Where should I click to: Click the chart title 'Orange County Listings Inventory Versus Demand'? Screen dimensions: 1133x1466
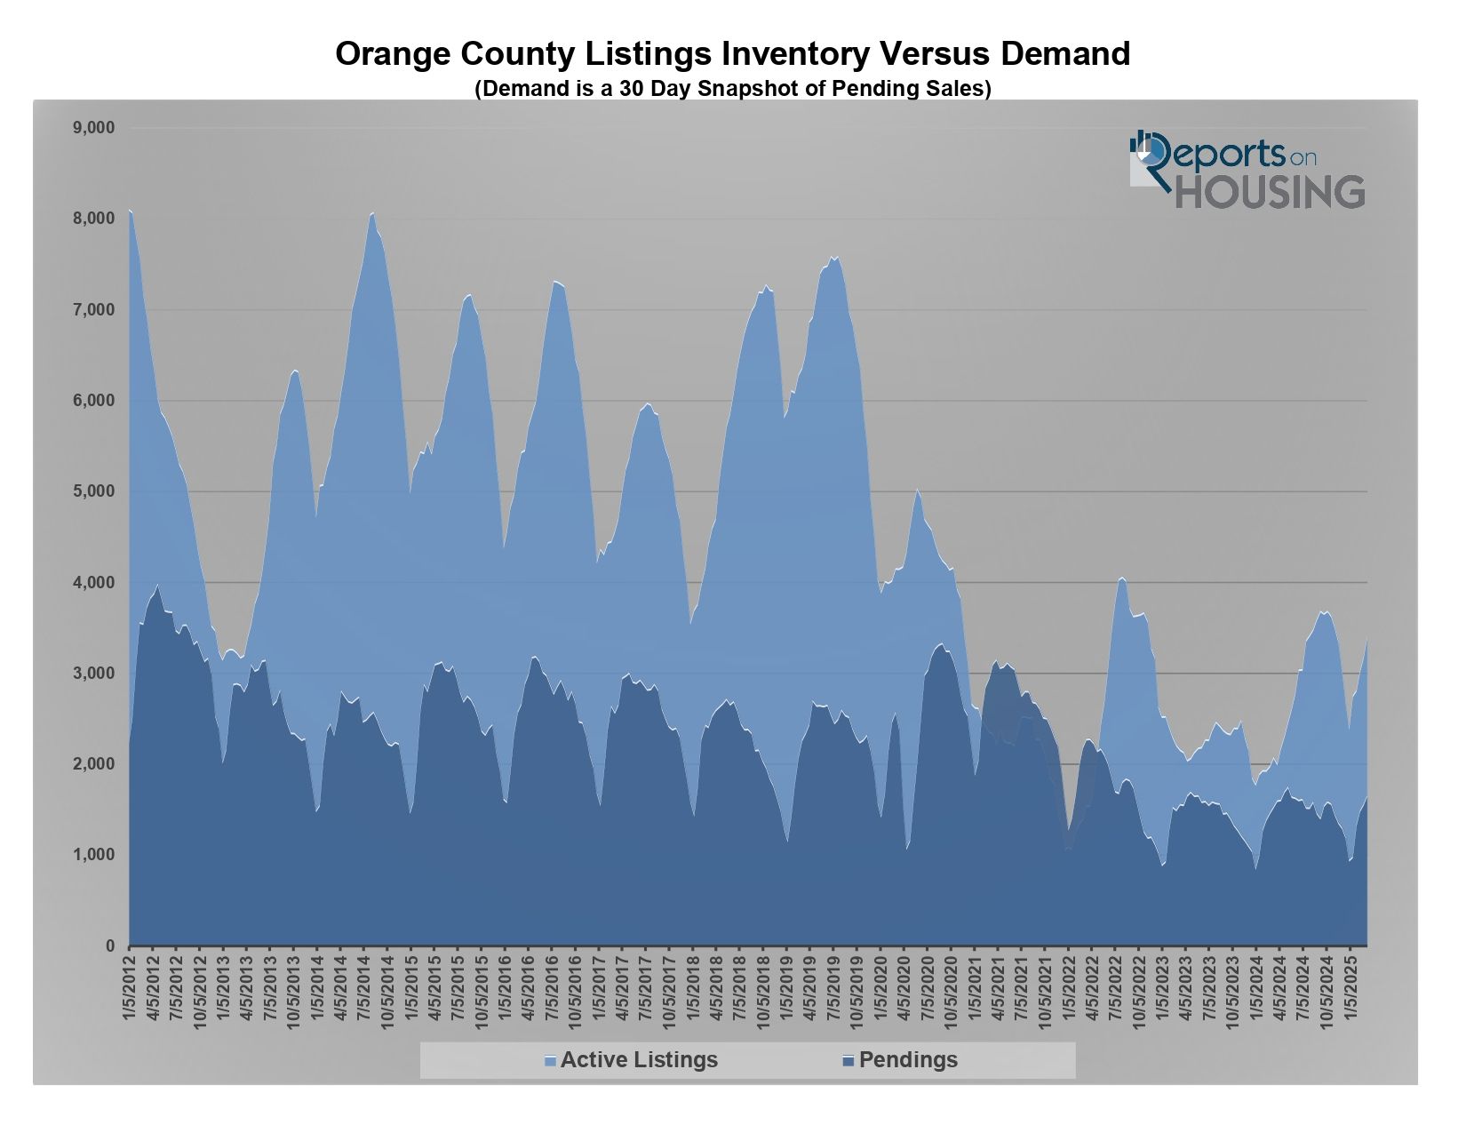[732, 54]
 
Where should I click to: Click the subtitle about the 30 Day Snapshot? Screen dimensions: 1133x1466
[732, 89]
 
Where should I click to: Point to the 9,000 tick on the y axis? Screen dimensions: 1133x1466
[94, 128]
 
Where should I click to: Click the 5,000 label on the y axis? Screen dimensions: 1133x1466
[94, 491]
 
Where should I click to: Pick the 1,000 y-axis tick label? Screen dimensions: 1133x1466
[94, 855]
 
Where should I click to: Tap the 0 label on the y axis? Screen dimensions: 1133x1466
[110, 946]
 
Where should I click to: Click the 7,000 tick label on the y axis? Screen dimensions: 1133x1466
[94, 310]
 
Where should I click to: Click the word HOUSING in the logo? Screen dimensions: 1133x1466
[1270, 192]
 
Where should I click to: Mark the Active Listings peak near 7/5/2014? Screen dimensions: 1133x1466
[372, 213]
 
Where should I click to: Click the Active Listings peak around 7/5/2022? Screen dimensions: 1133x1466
[1122, 578]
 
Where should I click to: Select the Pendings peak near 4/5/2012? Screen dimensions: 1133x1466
[157, 585]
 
